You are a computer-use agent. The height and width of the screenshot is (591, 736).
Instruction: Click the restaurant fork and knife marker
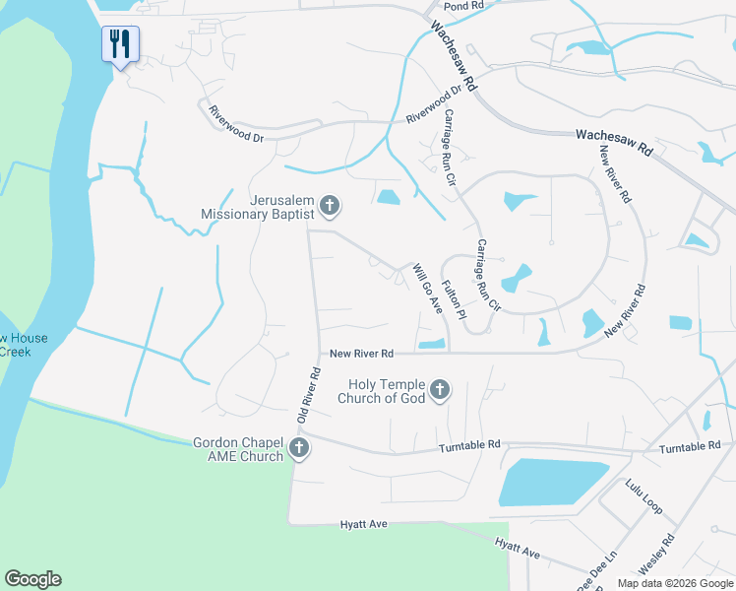tap(120, 44)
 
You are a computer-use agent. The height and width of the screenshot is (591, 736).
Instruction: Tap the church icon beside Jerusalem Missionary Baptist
tap(330, 207)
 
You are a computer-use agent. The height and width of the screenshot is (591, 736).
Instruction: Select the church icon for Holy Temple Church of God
tap(439, 391)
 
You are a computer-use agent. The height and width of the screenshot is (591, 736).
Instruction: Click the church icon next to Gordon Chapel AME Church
tap(300, 450)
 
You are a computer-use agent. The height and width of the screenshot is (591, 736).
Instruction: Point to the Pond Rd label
tap(463, 6)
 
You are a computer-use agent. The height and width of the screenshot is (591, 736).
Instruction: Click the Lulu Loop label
tap(644, 496)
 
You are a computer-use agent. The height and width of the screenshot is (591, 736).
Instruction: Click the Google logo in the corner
tap(32, 579)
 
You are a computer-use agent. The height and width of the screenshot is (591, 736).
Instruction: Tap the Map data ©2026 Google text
tap(676, 583)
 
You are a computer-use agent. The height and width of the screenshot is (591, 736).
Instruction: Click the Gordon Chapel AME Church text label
tap(239, 449)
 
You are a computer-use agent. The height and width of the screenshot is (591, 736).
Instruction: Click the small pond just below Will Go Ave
tap(432, 344)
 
